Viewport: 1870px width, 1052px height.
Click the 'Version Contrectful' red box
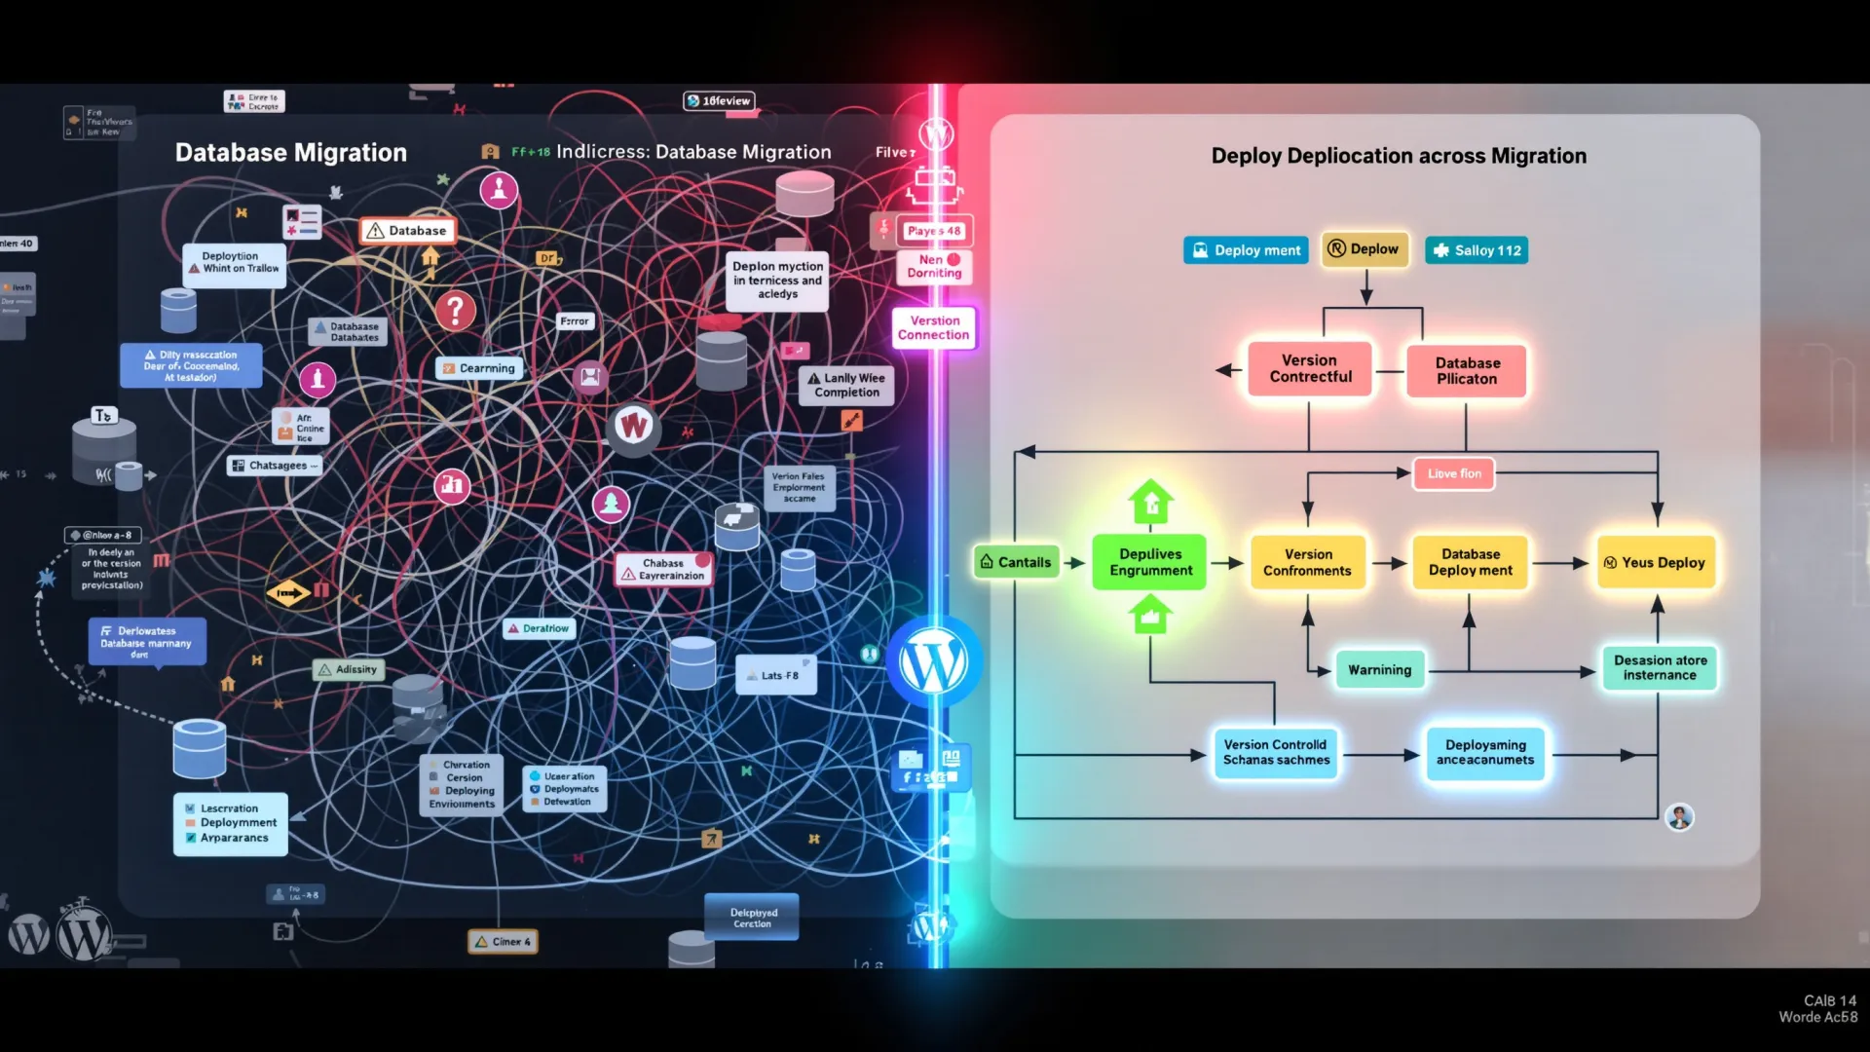coord(1310,368)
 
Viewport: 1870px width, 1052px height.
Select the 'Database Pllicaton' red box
coord(1467,370)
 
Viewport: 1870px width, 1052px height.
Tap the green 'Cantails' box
coord(1016,562)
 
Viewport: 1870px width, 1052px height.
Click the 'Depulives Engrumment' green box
coord(1150,562)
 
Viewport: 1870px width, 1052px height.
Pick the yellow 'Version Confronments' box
coord(1307,562)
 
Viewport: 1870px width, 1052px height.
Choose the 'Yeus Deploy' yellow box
coord(1655,562)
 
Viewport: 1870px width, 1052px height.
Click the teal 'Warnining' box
coord(1379,670)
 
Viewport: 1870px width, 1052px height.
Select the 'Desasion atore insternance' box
coord(1660,667)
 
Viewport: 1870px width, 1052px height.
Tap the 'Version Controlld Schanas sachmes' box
coord(1276,752)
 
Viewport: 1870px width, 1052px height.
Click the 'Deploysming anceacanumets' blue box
coord(1484,752)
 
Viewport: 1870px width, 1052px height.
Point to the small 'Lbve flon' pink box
coord(1454,473)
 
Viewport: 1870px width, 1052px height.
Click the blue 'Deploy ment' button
coord(1247,250)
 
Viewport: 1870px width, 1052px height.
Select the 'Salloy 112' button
coord(1477,250)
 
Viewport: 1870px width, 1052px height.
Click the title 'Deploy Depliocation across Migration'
coord(1399,156)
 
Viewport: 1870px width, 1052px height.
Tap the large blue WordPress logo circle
coord(933,662)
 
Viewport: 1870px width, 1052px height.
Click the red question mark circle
coord(455,311)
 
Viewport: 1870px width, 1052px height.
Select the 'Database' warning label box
coord(407,231)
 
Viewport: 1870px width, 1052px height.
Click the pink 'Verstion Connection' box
coord(934,327)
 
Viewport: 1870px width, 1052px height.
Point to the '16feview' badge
coord(719,100)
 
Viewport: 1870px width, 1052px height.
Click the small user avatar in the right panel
coord(1679,816)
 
